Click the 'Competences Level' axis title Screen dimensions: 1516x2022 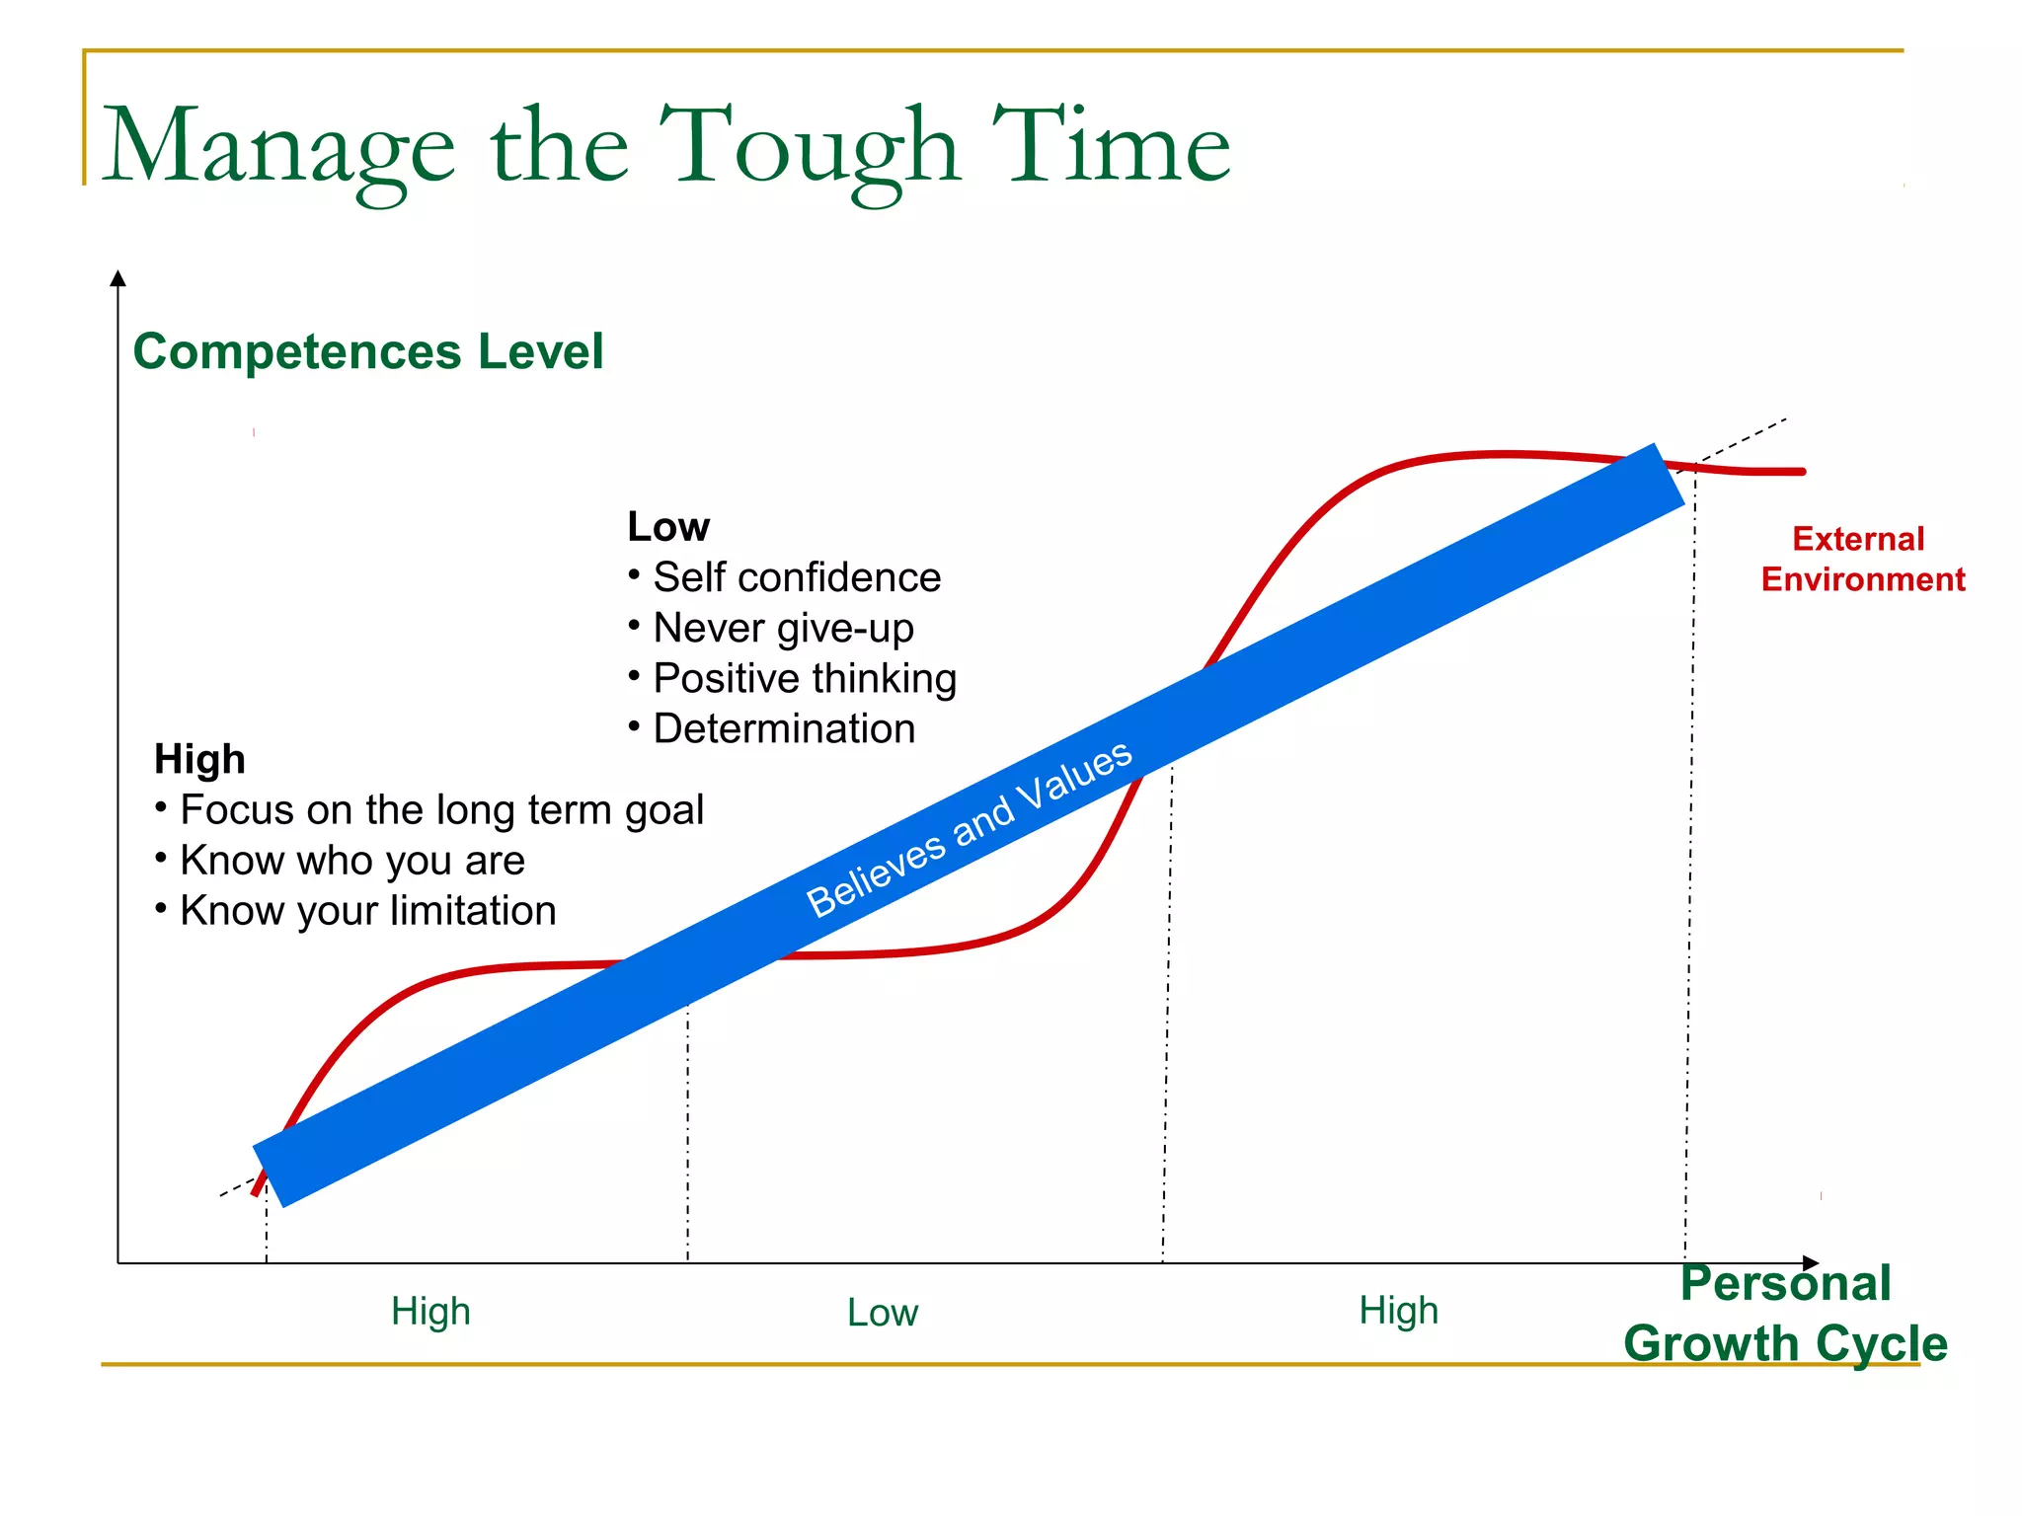(367, 351)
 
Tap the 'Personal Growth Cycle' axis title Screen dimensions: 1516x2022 (1785, 1314)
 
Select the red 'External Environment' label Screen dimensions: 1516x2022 (1862, 559)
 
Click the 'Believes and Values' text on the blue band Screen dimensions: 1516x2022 (969, 828)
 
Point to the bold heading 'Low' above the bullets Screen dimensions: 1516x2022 (668, 527)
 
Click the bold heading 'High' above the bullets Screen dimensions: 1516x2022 (199, 759)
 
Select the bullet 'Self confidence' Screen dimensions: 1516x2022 (796, 577)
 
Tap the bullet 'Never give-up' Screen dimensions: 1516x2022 (783, 628)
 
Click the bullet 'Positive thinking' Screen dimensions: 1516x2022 (804, 678)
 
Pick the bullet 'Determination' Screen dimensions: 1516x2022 (783, 728)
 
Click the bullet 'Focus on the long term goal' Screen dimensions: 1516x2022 (440, 809)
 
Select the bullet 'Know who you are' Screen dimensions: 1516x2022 (351, 860)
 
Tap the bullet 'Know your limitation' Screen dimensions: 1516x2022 (367, 910)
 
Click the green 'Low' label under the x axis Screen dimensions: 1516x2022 (883, 1313)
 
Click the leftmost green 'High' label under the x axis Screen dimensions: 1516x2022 (430, 1312)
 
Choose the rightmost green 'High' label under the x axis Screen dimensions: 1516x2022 (1398, 1311)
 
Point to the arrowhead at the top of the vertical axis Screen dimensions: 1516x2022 (118, 277)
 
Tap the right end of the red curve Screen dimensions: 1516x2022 (1802, 472)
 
